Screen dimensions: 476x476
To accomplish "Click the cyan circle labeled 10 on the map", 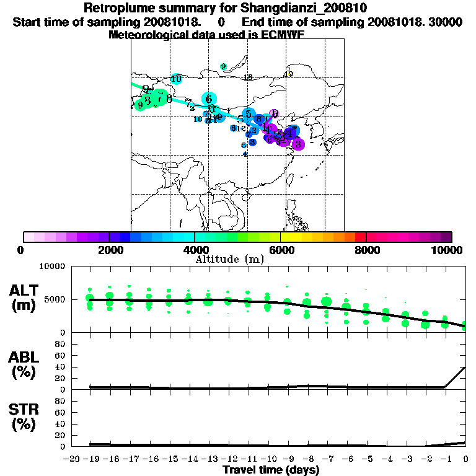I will tap(176, 79).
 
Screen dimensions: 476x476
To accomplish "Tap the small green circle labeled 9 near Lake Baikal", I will tap(223, 66).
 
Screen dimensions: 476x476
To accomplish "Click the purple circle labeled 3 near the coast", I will tap(297, 144).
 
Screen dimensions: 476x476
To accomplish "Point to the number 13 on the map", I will tap(247, 77).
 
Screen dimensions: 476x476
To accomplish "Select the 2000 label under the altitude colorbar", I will tap(109, 250).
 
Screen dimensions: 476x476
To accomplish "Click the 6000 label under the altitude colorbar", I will tap(281, 250).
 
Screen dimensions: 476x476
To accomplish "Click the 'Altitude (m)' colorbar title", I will tap(230, 259).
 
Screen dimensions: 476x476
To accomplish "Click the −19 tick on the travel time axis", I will tap(90, 459).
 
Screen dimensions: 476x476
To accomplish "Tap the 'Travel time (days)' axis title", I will tap(271, 470).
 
